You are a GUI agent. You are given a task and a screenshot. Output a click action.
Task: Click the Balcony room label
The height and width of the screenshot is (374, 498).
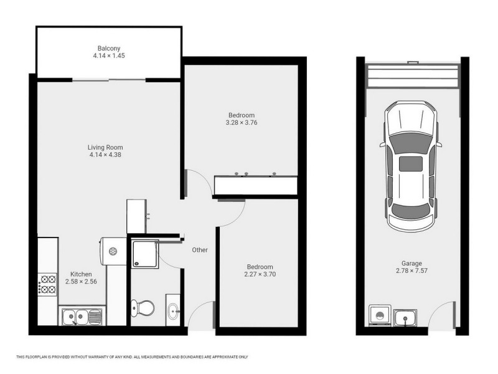pos(108,49)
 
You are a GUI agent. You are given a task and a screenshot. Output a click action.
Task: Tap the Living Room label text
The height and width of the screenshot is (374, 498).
pos(104,148)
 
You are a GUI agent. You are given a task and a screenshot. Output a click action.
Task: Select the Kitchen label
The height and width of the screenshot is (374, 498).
pos(81,274)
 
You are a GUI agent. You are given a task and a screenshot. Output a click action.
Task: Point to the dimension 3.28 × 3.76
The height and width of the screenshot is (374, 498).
pos(241,123)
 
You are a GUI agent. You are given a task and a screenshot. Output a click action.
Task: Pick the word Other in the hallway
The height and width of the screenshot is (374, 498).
pos(199,250)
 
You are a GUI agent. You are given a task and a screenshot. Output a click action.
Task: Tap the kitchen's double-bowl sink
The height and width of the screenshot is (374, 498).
pos(82,317)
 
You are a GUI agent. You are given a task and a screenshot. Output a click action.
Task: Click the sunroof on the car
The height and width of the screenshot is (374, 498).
pos(409,165)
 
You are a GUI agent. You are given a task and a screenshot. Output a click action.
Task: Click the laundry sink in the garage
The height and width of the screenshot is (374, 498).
pos(405,318)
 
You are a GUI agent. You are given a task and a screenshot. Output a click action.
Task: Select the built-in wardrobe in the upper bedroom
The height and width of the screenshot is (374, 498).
pos(255,185)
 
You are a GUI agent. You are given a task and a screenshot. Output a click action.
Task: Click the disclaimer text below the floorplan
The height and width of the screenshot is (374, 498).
pos(132,357)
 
